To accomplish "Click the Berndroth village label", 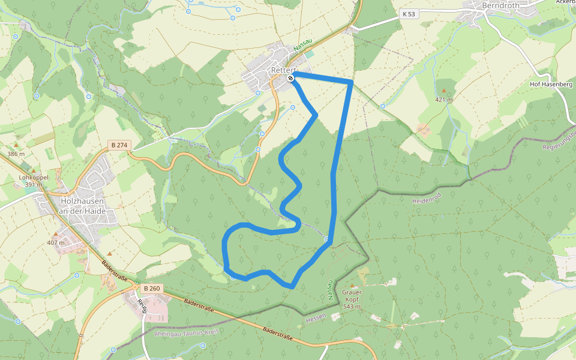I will click(500, 6).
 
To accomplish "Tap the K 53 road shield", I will click(409, 13).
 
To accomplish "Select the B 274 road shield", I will click(118, 145).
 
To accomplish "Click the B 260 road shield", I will click(152, 289).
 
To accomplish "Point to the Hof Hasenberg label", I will click(551, 84).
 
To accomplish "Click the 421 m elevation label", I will click(444, 99).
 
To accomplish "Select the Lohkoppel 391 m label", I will click(33, 181).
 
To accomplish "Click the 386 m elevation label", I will click(16, 154).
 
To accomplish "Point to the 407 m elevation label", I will click(56, 243).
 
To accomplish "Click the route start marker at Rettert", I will click(291, 78).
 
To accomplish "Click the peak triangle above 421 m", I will click(444, 90).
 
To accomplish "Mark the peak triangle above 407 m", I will click(56, 235).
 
